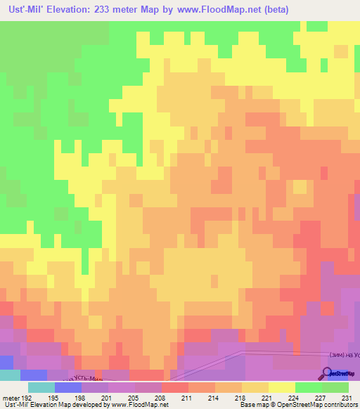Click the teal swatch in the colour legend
pos(41,387)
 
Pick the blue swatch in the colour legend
pos(67,387)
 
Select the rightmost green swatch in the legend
pos(335,387)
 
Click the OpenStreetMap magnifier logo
pos(328,374)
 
